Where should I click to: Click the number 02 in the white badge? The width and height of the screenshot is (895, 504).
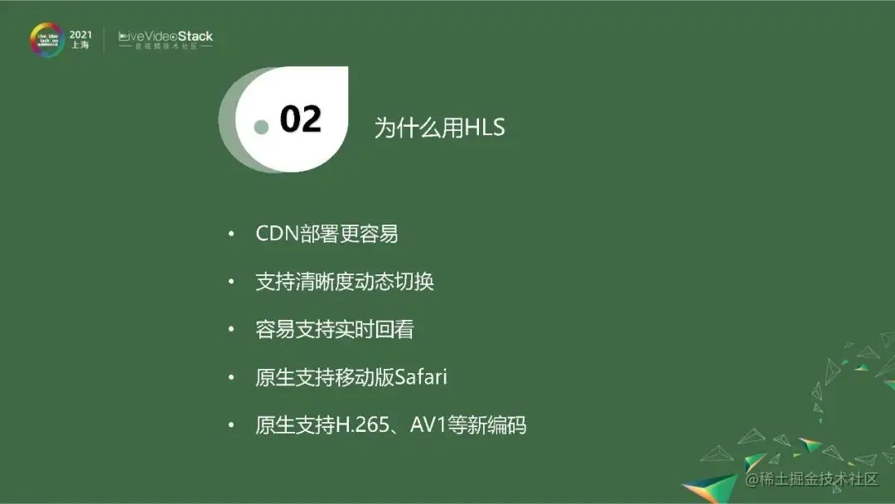(x=300, y=120)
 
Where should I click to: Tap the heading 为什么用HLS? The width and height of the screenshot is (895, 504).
(x=439, y=128)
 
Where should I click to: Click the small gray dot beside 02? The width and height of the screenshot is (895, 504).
(x=262, y=127)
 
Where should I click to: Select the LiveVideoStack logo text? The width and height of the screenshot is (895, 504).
(x=166, y=36)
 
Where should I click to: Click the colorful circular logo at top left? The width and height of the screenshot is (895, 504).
(x=46, y=39)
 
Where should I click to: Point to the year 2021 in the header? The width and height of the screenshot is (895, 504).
(x=80, y=34)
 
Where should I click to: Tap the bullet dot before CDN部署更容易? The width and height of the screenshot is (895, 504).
(x=232, y=235)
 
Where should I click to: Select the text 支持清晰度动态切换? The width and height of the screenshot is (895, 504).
(x=345, y=282)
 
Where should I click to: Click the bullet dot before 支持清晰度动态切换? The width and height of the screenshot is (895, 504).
(x=232, y=283)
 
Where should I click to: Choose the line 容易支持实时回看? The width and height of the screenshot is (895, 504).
(x=335, y=330)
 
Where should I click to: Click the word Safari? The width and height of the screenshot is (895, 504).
(x=421, y=378)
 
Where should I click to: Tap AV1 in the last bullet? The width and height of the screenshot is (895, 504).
(x=428, y=426)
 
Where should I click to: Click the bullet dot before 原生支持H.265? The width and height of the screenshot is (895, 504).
(x=232, y=426)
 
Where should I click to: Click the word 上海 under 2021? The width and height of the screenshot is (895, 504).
(x=80, y=46)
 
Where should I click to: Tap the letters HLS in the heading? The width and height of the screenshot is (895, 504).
(x=484, y=128)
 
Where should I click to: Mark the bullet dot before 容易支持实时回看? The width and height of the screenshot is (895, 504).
(x=232, y=330)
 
